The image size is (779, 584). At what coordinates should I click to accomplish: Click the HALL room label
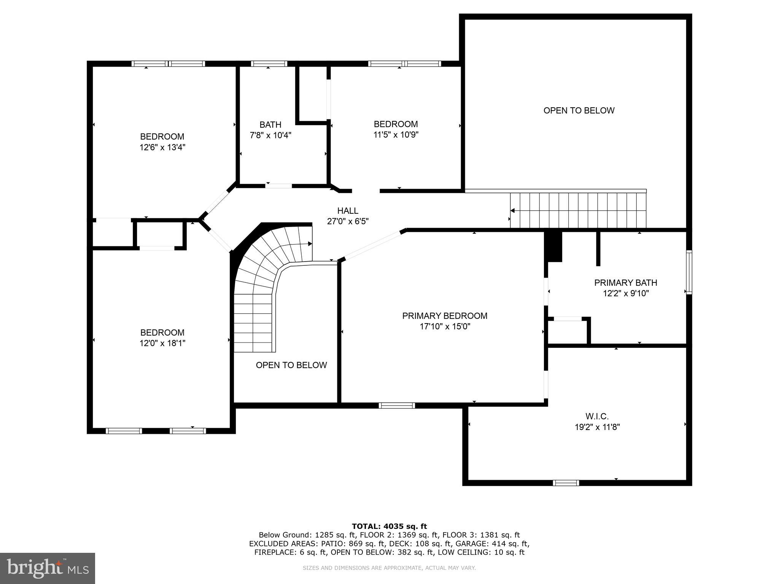pos(348,211)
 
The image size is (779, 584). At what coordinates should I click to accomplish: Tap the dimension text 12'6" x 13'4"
pos(162,147)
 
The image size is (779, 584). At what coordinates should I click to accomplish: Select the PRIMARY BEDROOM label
pos(445,316)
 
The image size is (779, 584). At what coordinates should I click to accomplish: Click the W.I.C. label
pos(597,416)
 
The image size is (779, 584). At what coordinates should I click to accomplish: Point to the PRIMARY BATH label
pos(625,282)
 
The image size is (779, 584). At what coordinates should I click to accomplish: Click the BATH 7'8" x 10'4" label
pos(270,130)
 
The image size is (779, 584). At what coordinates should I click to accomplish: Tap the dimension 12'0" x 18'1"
pos(162,343)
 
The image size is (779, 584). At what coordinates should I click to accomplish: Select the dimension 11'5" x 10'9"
pos(396,135)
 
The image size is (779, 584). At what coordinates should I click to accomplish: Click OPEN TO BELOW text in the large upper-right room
pos(579,111)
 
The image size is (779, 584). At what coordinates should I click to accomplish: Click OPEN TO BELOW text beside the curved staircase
pos(291,365)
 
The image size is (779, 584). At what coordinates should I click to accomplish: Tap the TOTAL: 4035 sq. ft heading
pos(389,526)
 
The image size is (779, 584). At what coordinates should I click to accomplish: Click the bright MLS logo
pos(48,568)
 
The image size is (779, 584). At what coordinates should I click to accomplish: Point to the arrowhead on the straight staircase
pos(512,211)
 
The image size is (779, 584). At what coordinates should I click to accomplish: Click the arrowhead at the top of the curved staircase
pos(310,244)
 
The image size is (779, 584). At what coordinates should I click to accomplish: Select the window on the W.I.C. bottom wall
pos(566,483)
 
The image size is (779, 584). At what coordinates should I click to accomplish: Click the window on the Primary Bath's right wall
pos(689,272)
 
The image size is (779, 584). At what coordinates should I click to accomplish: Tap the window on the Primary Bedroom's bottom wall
pos(397,406)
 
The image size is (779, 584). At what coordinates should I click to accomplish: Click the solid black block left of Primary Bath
pos(553,247)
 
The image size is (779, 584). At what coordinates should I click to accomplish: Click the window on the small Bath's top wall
pos(269,63)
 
